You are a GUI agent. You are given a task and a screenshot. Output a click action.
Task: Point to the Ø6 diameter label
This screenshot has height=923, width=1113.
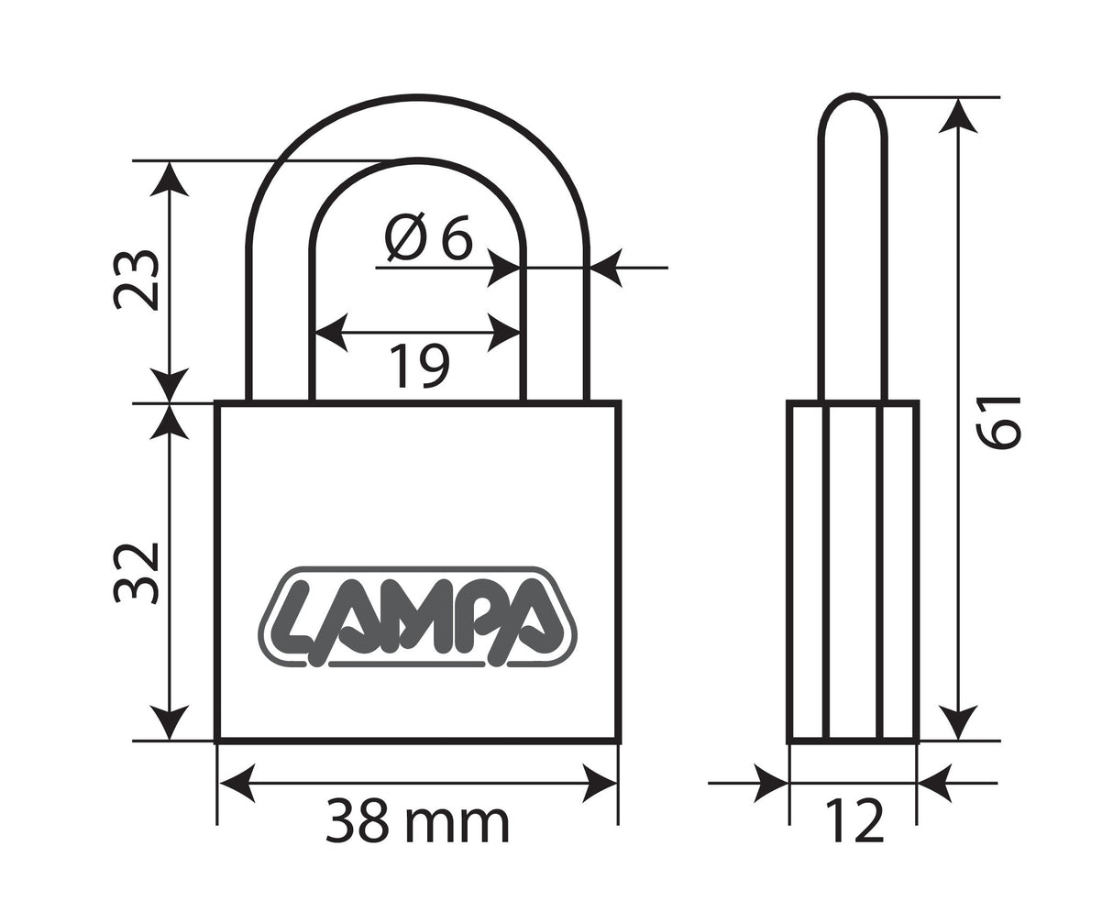tap(428, 238)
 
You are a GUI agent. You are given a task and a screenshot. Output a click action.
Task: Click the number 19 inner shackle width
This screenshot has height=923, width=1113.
tap(421, 365)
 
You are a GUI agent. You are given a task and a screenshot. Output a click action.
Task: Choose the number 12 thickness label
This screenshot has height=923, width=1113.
tap(854, 821)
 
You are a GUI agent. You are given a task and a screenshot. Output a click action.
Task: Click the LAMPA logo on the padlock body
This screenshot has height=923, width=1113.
tap(417, 617)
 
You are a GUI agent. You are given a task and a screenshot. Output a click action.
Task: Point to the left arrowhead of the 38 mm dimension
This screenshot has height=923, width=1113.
tap(234, 784)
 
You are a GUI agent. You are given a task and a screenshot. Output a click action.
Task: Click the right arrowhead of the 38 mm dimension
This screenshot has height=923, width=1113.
tap(601, 784)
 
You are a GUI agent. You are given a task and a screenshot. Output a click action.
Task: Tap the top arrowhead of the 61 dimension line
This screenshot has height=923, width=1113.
tap(959, 115)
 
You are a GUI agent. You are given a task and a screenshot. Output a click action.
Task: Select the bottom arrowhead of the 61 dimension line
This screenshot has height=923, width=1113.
tap(959, 723)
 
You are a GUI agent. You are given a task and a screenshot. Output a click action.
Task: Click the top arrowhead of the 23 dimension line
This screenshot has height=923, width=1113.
tap(169, 178)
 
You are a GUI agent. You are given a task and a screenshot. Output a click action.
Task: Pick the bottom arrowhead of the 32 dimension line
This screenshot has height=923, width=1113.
tap(169, 723)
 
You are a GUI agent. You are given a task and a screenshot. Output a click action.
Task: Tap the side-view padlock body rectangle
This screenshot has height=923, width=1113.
tap(854, 572)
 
